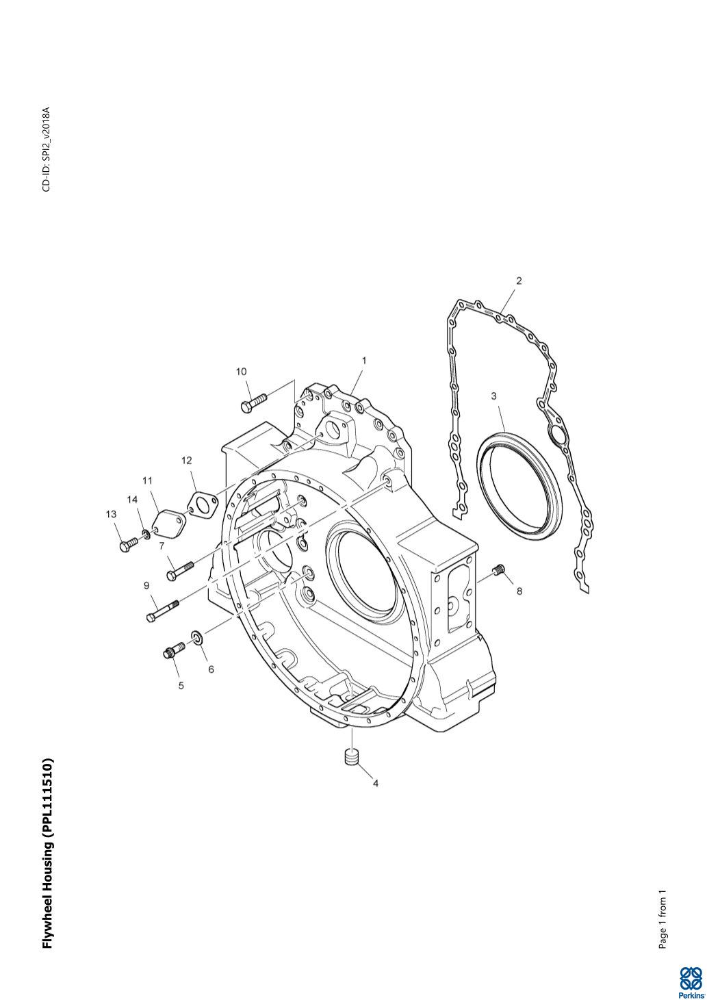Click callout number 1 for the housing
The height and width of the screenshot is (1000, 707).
tap(363, 360)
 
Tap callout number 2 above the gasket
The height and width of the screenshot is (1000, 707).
tap(519, 281)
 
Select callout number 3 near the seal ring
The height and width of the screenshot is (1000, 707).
tap(493, 396)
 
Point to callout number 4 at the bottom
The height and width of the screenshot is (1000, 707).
tap(375, 784)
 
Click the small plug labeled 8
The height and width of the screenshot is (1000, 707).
tap(500, 569)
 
